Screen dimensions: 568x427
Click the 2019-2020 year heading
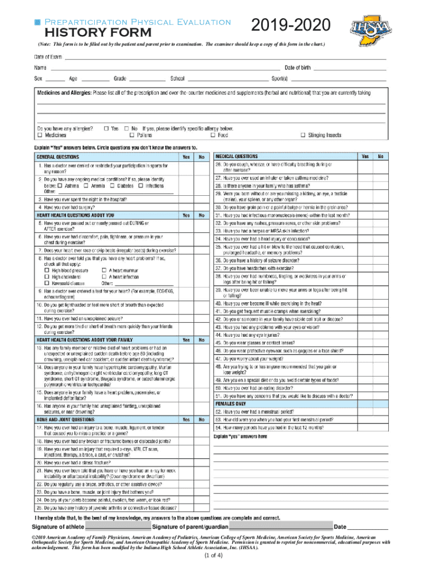pos(291,26)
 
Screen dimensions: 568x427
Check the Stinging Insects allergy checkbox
pos(303,135)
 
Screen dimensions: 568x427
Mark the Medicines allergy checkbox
pos(40,135)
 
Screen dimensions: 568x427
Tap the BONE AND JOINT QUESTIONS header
pos(70,419)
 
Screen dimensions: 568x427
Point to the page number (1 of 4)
pos(213,556)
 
